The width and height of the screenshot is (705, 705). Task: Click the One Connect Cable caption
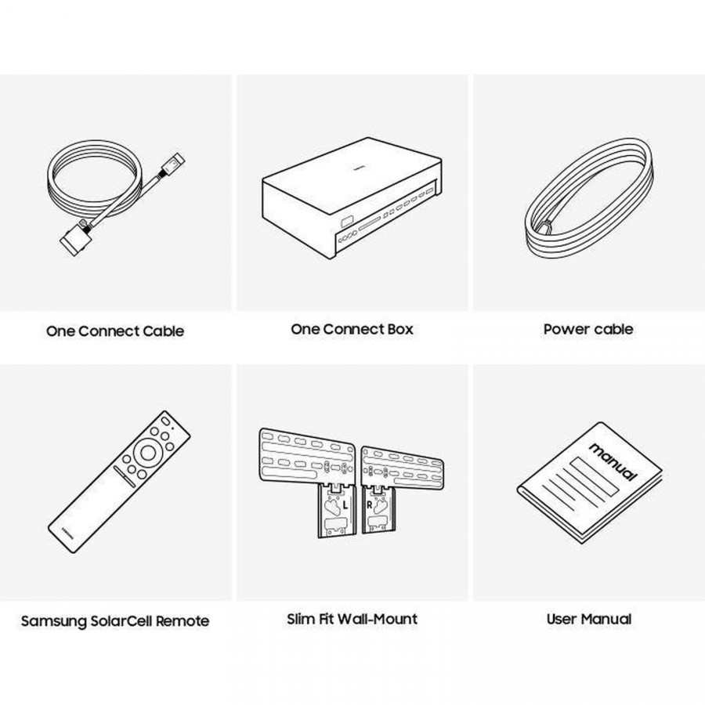point(115,331)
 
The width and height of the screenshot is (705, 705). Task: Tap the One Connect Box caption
point(352,329)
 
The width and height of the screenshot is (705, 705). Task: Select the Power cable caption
point(588,329)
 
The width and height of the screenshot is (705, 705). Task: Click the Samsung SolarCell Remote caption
point(115,621)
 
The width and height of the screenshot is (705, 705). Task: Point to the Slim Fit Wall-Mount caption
point(352,619)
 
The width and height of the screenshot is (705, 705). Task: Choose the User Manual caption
point(588,619)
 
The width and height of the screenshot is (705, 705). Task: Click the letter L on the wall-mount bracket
point(345,505)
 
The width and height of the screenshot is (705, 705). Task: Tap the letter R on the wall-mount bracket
point(370,505)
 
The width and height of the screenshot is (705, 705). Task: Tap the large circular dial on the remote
point(147,452)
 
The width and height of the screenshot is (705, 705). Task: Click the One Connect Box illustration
point(352,198)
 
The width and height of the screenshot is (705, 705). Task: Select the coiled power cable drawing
point(588,198)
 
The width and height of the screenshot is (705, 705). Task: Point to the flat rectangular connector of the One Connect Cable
point(72,238)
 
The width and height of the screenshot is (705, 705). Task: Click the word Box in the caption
point(400,329)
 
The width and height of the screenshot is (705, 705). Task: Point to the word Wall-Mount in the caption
point(378,619)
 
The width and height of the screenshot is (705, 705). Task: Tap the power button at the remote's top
point(165,421)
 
